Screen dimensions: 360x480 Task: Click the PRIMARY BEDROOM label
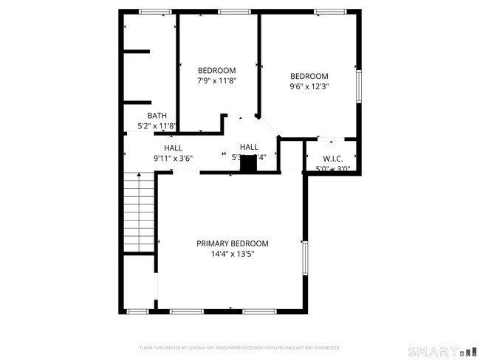(232, 243)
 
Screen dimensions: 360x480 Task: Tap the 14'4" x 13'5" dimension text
(232, 254)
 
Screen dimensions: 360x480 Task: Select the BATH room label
(157, 115)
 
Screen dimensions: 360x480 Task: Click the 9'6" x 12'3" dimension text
(309, 86)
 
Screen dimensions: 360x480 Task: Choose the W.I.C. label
(332, 159)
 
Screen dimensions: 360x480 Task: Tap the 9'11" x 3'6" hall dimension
(173, 158)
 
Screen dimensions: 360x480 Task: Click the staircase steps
(139, 213)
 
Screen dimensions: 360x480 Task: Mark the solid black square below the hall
(248, 166)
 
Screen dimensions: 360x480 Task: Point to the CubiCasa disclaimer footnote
(239, 347)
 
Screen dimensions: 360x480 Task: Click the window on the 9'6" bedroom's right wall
(359, 85)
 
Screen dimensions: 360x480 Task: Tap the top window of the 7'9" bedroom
(233, 11)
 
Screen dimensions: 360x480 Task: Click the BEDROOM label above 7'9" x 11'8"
(216, 70)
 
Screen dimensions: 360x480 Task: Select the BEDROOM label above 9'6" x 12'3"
(309, 76)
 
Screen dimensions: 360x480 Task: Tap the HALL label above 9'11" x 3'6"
(174, 148)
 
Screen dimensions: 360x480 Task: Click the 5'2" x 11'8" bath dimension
(157, 126)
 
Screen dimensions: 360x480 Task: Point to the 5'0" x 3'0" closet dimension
(332, 169)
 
